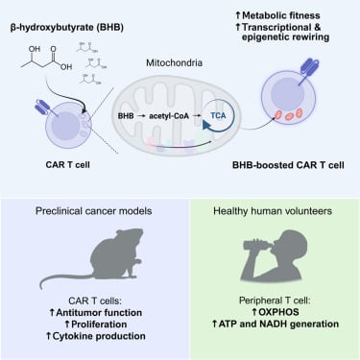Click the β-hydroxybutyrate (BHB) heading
coord(63,16)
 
